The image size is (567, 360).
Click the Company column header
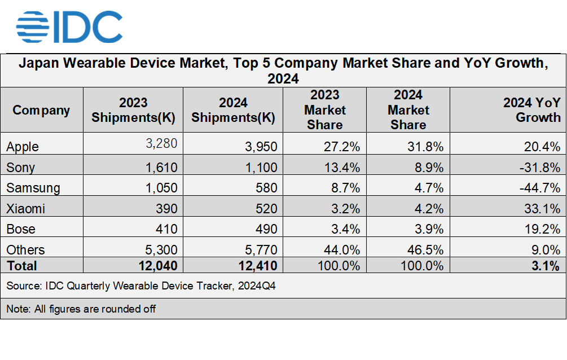pyautogui.click(x=41, y=110)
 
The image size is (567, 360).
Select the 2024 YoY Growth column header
pyautogui.click(x=531, y=110)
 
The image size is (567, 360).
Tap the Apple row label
pyautogui.click(x=23, y=147)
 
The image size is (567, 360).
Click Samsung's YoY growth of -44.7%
pyautogui.click(x=539, y=188)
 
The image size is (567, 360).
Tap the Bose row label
pyautogui.click(x=21, y=229)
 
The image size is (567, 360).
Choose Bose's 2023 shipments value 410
pyautogui.click(x=166, y=229)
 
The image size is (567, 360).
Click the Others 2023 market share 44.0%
pyautogui.click(x=342, y=250)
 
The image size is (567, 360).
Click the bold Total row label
pyautogui.click(x=22, y=266)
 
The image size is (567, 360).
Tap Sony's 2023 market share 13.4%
pyautogui.click(x=342, y=168)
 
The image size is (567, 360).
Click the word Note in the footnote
pyautogui.click(x=16, y=309)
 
